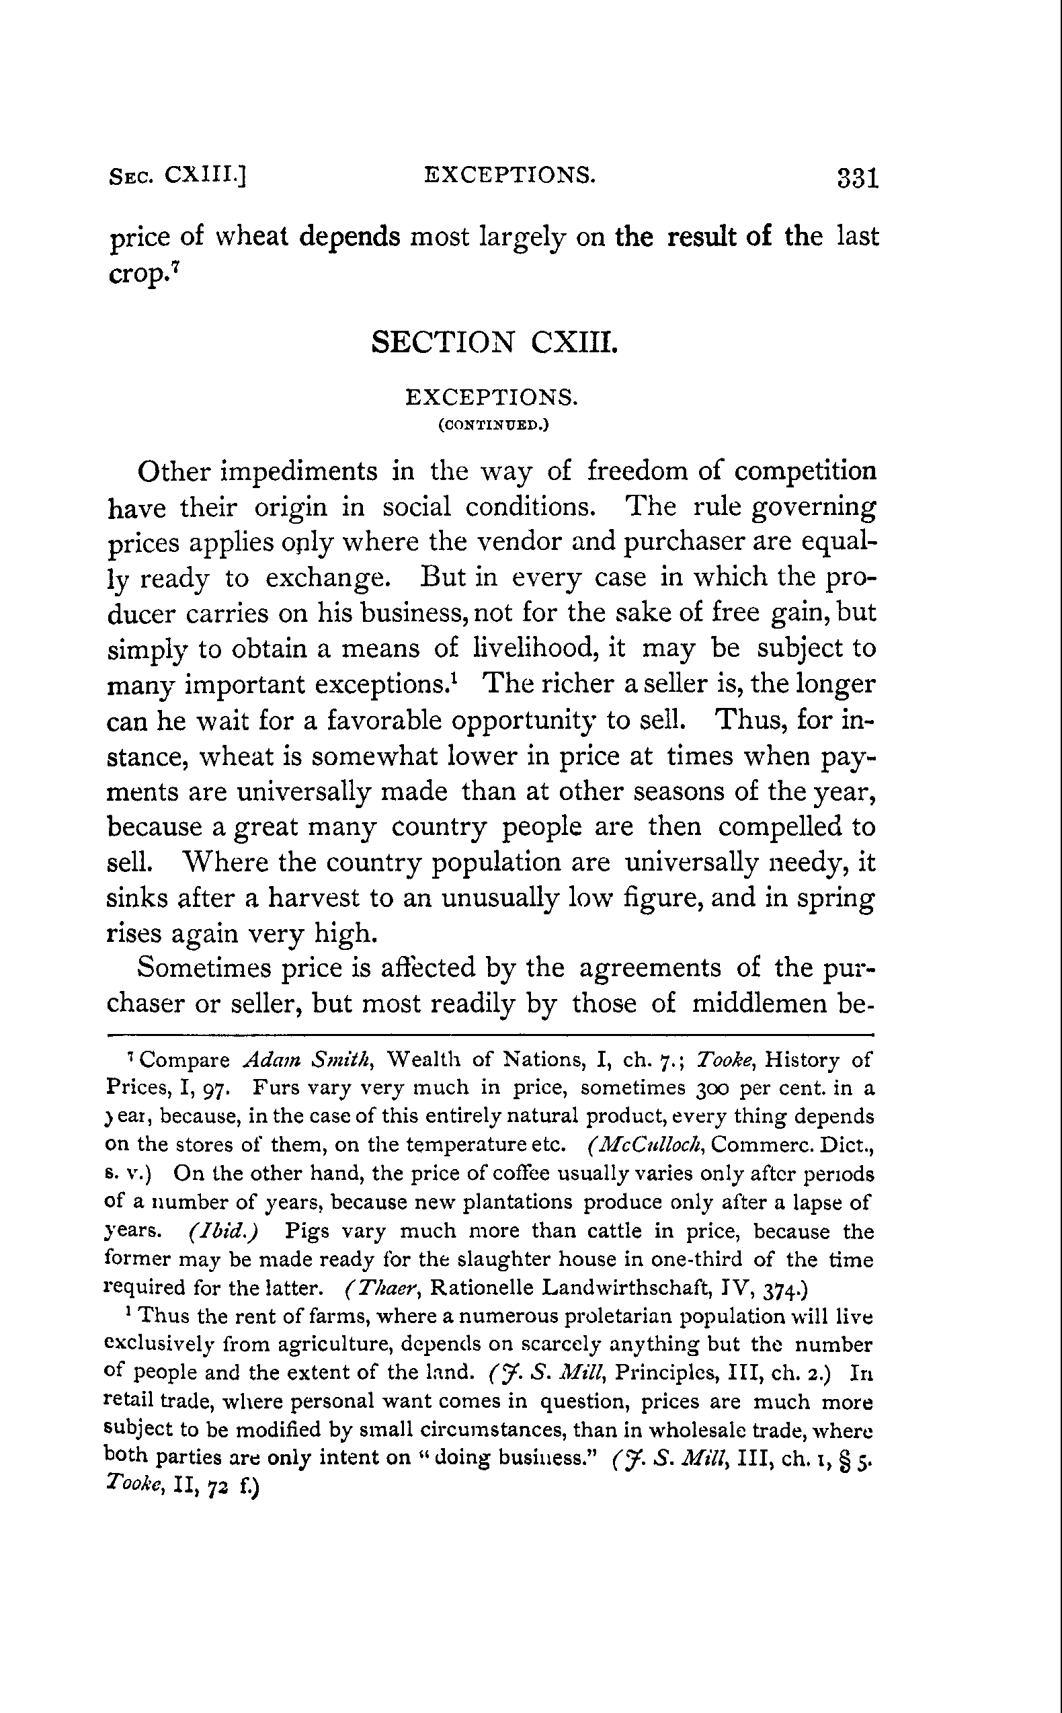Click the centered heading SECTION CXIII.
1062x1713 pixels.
coord(495,343)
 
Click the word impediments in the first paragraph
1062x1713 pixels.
coord(299,471)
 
